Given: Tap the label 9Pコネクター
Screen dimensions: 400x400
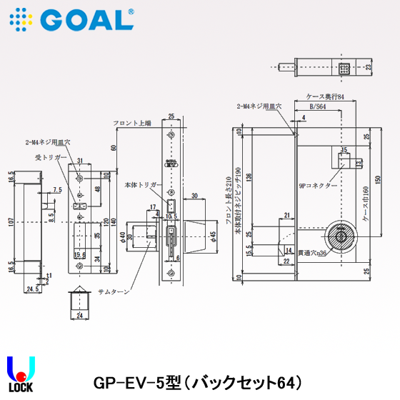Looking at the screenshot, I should click(x=318, y=186).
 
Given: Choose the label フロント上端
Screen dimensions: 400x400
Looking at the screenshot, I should click(x=132, y=124).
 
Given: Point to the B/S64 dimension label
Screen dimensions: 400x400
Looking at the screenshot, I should click(x=316, y=106).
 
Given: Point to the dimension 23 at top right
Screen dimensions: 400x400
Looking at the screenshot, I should click(x=369, y=68).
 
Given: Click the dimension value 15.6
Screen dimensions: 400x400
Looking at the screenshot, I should click(x=80, y=255).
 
